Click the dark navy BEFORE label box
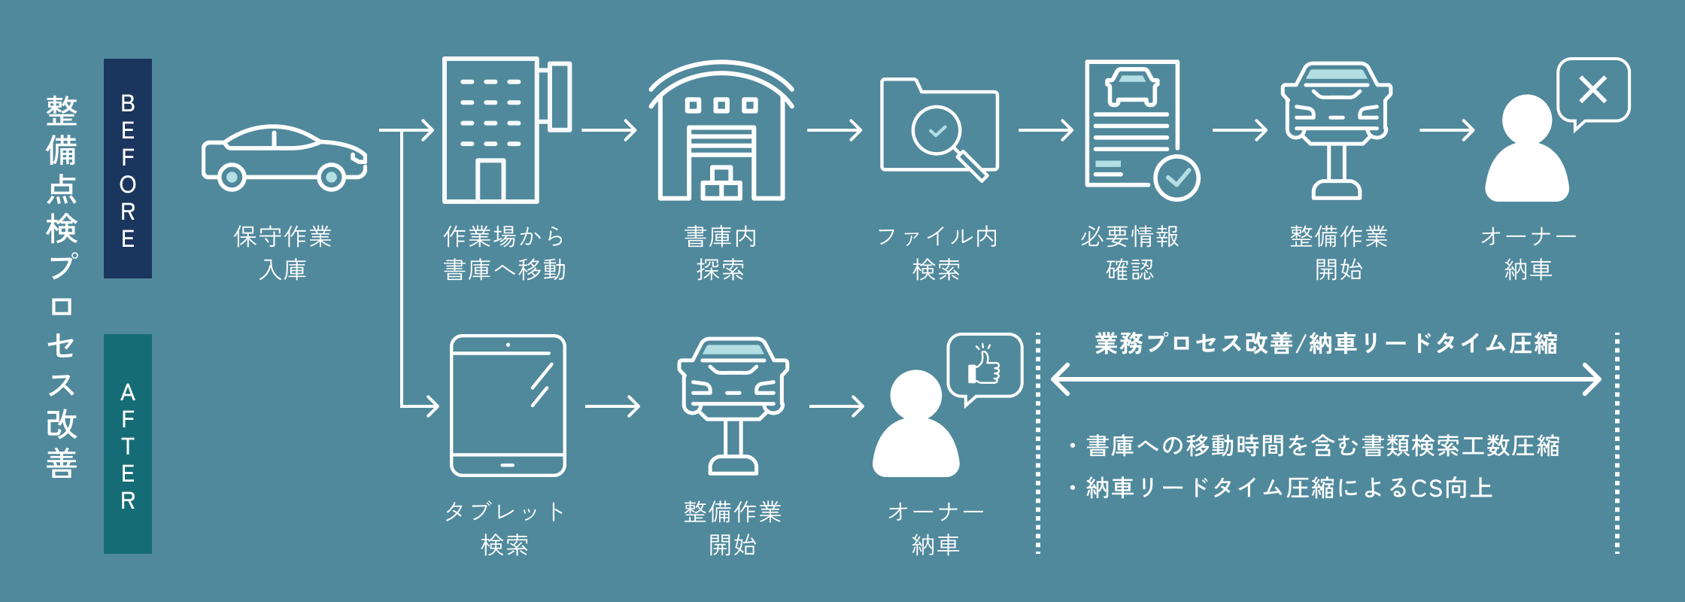(x=128, y=169)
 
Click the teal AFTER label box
(x=128, y=444)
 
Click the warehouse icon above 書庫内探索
(x=721, y=132)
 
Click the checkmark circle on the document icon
(x=1176, y=178)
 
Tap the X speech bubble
(x=1593, y=90)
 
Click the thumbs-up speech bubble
(x=985, y=366)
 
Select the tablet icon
(x=508, y=406)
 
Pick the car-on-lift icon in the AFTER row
(x=733, y=406)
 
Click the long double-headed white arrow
(x=1325, y=379)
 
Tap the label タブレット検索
(x=505, y=528)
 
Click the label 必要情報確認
(x=1130, y=253)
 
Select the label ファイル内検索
(x=937, y=253)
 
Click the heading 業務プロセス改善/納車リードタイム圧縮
(x=1325, y=343)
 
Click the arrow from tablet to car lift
(x=612, y=406)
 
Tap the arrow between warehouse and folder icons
(x=833, y=130)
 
